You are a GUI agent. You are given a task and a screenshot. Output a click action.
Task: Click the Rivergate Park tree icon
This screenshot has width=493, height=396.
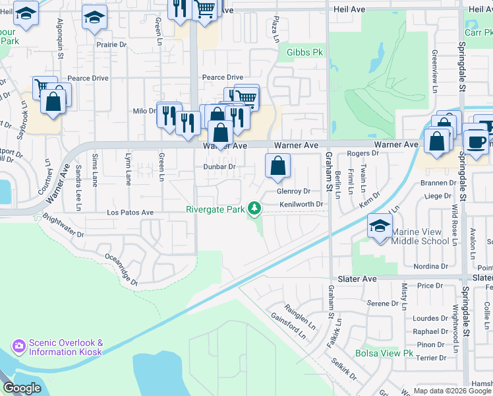[254, 210]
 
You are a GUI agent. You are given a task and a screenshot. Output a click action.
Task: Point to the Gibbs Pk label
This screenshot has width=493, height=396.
[304, 51]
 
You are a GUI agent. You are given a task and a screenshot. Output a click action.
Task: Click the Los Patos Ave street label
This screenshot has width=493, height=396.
[130, 213]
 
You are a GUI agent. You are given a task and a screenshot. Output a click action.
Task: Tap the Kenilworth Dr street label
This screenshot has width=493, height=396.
[301, 205]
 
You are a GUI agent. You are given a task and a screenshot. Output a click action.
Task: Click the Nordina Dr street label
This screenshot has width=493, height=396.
[430, 267]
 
